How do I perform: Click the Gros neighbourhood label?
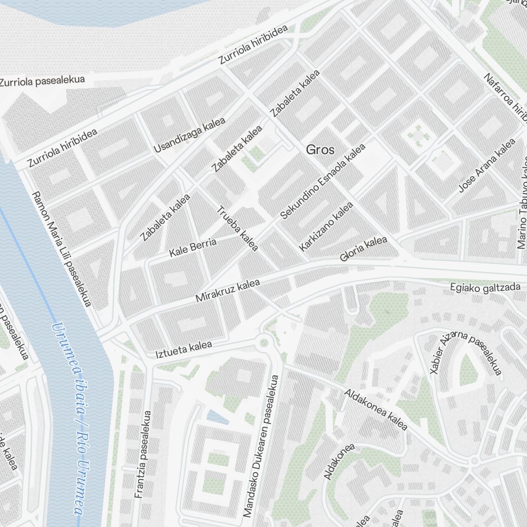320,150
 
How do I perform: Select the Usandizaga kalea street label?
189,135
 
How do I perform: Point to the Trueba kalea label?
238,228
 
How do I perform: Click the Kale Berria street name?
193,248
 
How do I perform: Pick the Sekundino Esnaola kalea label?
323,182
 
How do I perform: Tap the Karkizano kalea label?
326,226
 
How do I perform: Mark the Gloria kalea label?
364,249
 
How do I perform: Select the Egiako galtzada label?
485,287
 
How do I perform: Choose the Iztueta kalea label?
183,349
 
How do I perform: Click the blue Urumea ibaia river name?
69,416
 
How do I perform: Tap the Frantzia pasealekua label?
143,454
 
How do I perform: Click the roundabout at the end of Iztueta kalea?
264,343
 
